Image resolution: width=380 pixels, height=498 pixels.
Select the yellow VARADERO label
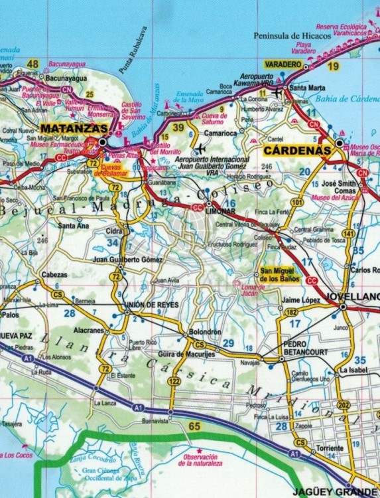284,64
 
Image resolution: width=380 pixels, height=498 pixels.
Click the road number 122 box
174,380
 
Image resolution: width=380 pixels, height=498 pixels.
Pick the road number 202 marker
343,405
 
